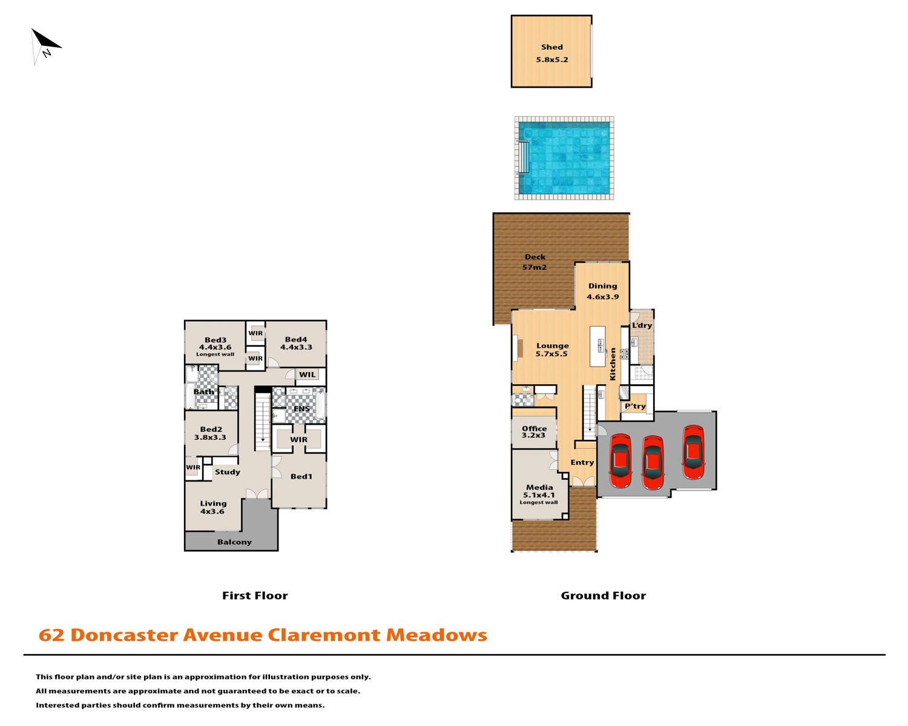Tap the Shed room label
pos(552,47)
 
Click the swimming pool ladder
pos(523,157)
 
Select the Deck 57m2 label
pos(535,262)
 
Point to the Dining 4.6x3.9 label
pos(602,291)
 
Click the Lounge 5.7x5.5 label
pos(552,350)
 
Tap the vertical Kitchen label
pos(613,364)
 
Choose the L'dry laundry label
pos(642,325)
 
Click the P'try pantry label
pos(635,406)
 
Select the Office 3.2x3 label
pos(534,431)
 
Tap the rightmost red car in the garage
pos(693,453)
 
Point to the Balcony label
pos(235,542)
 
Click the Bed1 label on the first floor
pos(301,476)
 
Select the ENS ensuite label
pos(301,409)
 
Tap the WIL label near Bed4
pos(307,374)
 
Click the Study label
pos(228,472)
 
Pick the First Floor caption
pos(255,596)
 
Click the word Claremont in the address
pos(324,635)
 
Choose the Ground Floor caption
pos(603,596)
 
